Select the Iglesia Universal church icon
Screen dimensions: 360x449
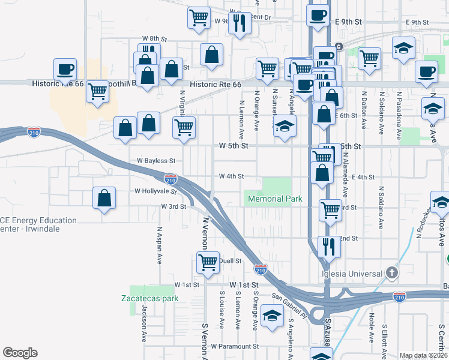tap(391, 273)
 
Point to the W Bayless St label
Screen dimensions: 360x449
tap(155, 161)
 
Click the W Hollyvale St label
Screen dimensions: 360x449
tap(155, 192)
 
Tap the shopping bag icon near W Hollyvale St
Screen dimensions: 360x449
tap(104, 199)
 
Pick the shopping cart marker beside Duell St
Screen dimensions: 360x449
tap(208, 262)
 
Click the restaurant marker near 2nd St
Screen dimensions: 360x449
tap(328, 246)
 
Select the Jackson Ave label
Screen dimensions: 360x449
tap(144, 323)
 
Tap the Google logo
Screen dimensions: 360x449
tap(20, 353)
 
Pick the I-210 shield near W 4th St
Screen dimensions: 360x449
tap(170, 179)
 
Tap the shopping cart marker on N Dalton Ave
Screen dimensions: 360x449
tap(369, 59)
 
